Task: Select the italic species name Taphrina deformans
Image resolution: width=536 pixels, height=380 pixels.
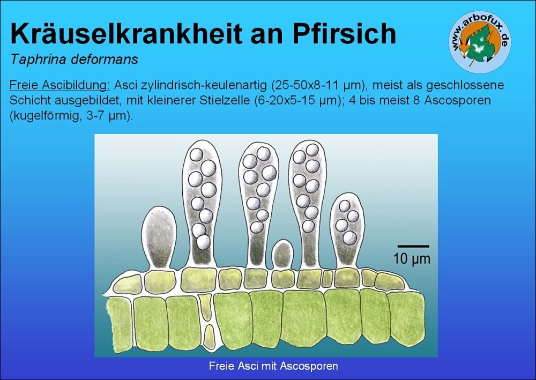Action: click(74, 59)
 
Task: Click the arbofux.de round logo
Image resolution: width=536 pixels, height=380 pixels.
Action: click(480, 42)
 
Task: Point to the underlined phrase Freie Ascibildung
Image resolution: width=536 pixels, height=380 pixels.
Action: click(60, 85)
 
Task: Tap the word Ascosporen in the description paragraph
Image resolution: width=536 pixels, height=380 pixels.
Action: click(457, 100)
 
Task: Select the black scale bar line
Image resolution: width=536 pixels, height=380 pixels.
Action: click(413, 246)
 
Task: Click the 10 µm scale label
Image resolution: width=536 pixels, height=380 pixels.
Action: click(412, 259)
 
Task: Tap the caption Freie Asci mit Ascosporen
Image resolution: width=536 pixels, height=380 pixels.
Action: click(273, 366)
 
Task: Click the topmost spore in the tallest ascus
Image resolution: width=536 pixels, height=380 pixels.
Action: click(196, 154)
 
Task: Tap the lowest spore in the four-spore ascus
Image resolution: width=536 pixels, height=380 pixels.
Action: click(349, 238)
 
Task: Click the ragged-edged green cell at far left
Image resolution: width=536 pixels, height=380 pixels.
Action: click(120, 325)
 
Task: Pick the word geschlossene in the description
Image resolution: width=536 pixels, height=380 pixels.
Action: click(465, 85)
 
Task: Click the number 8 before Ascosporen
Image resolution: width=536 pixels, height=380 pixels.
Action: click(416, 100)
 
